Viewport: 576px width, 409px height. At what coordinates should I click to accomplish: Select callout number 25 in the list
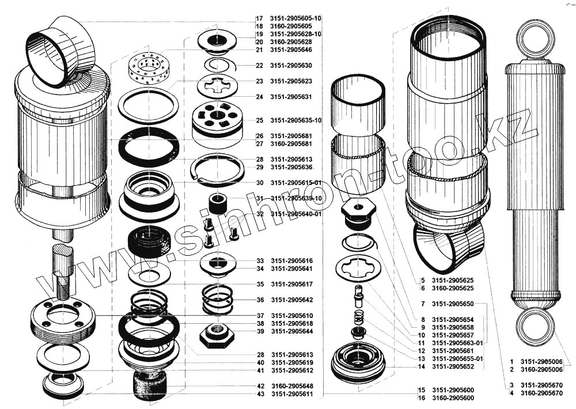(x=260, y=120)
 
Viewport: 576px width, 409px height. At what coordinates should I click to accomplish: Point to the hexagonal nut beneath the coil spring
(x=216, y=333)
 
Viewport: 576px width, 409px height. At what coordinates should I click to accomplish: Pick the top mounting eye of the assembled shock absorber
(x=535, y=37)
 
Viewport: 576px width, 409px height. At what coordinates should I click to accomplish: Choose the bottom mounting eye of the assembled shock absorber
(x=535, y=328)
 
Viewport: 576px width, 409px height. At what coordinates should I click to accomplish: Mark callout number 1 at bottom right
(x=511, y=361)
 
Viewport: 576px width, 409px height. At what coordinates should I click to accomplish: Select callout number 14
(x=422, y=367)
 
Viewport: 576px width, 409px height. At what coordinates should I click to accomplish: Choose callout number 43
(x=260, y=394)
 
